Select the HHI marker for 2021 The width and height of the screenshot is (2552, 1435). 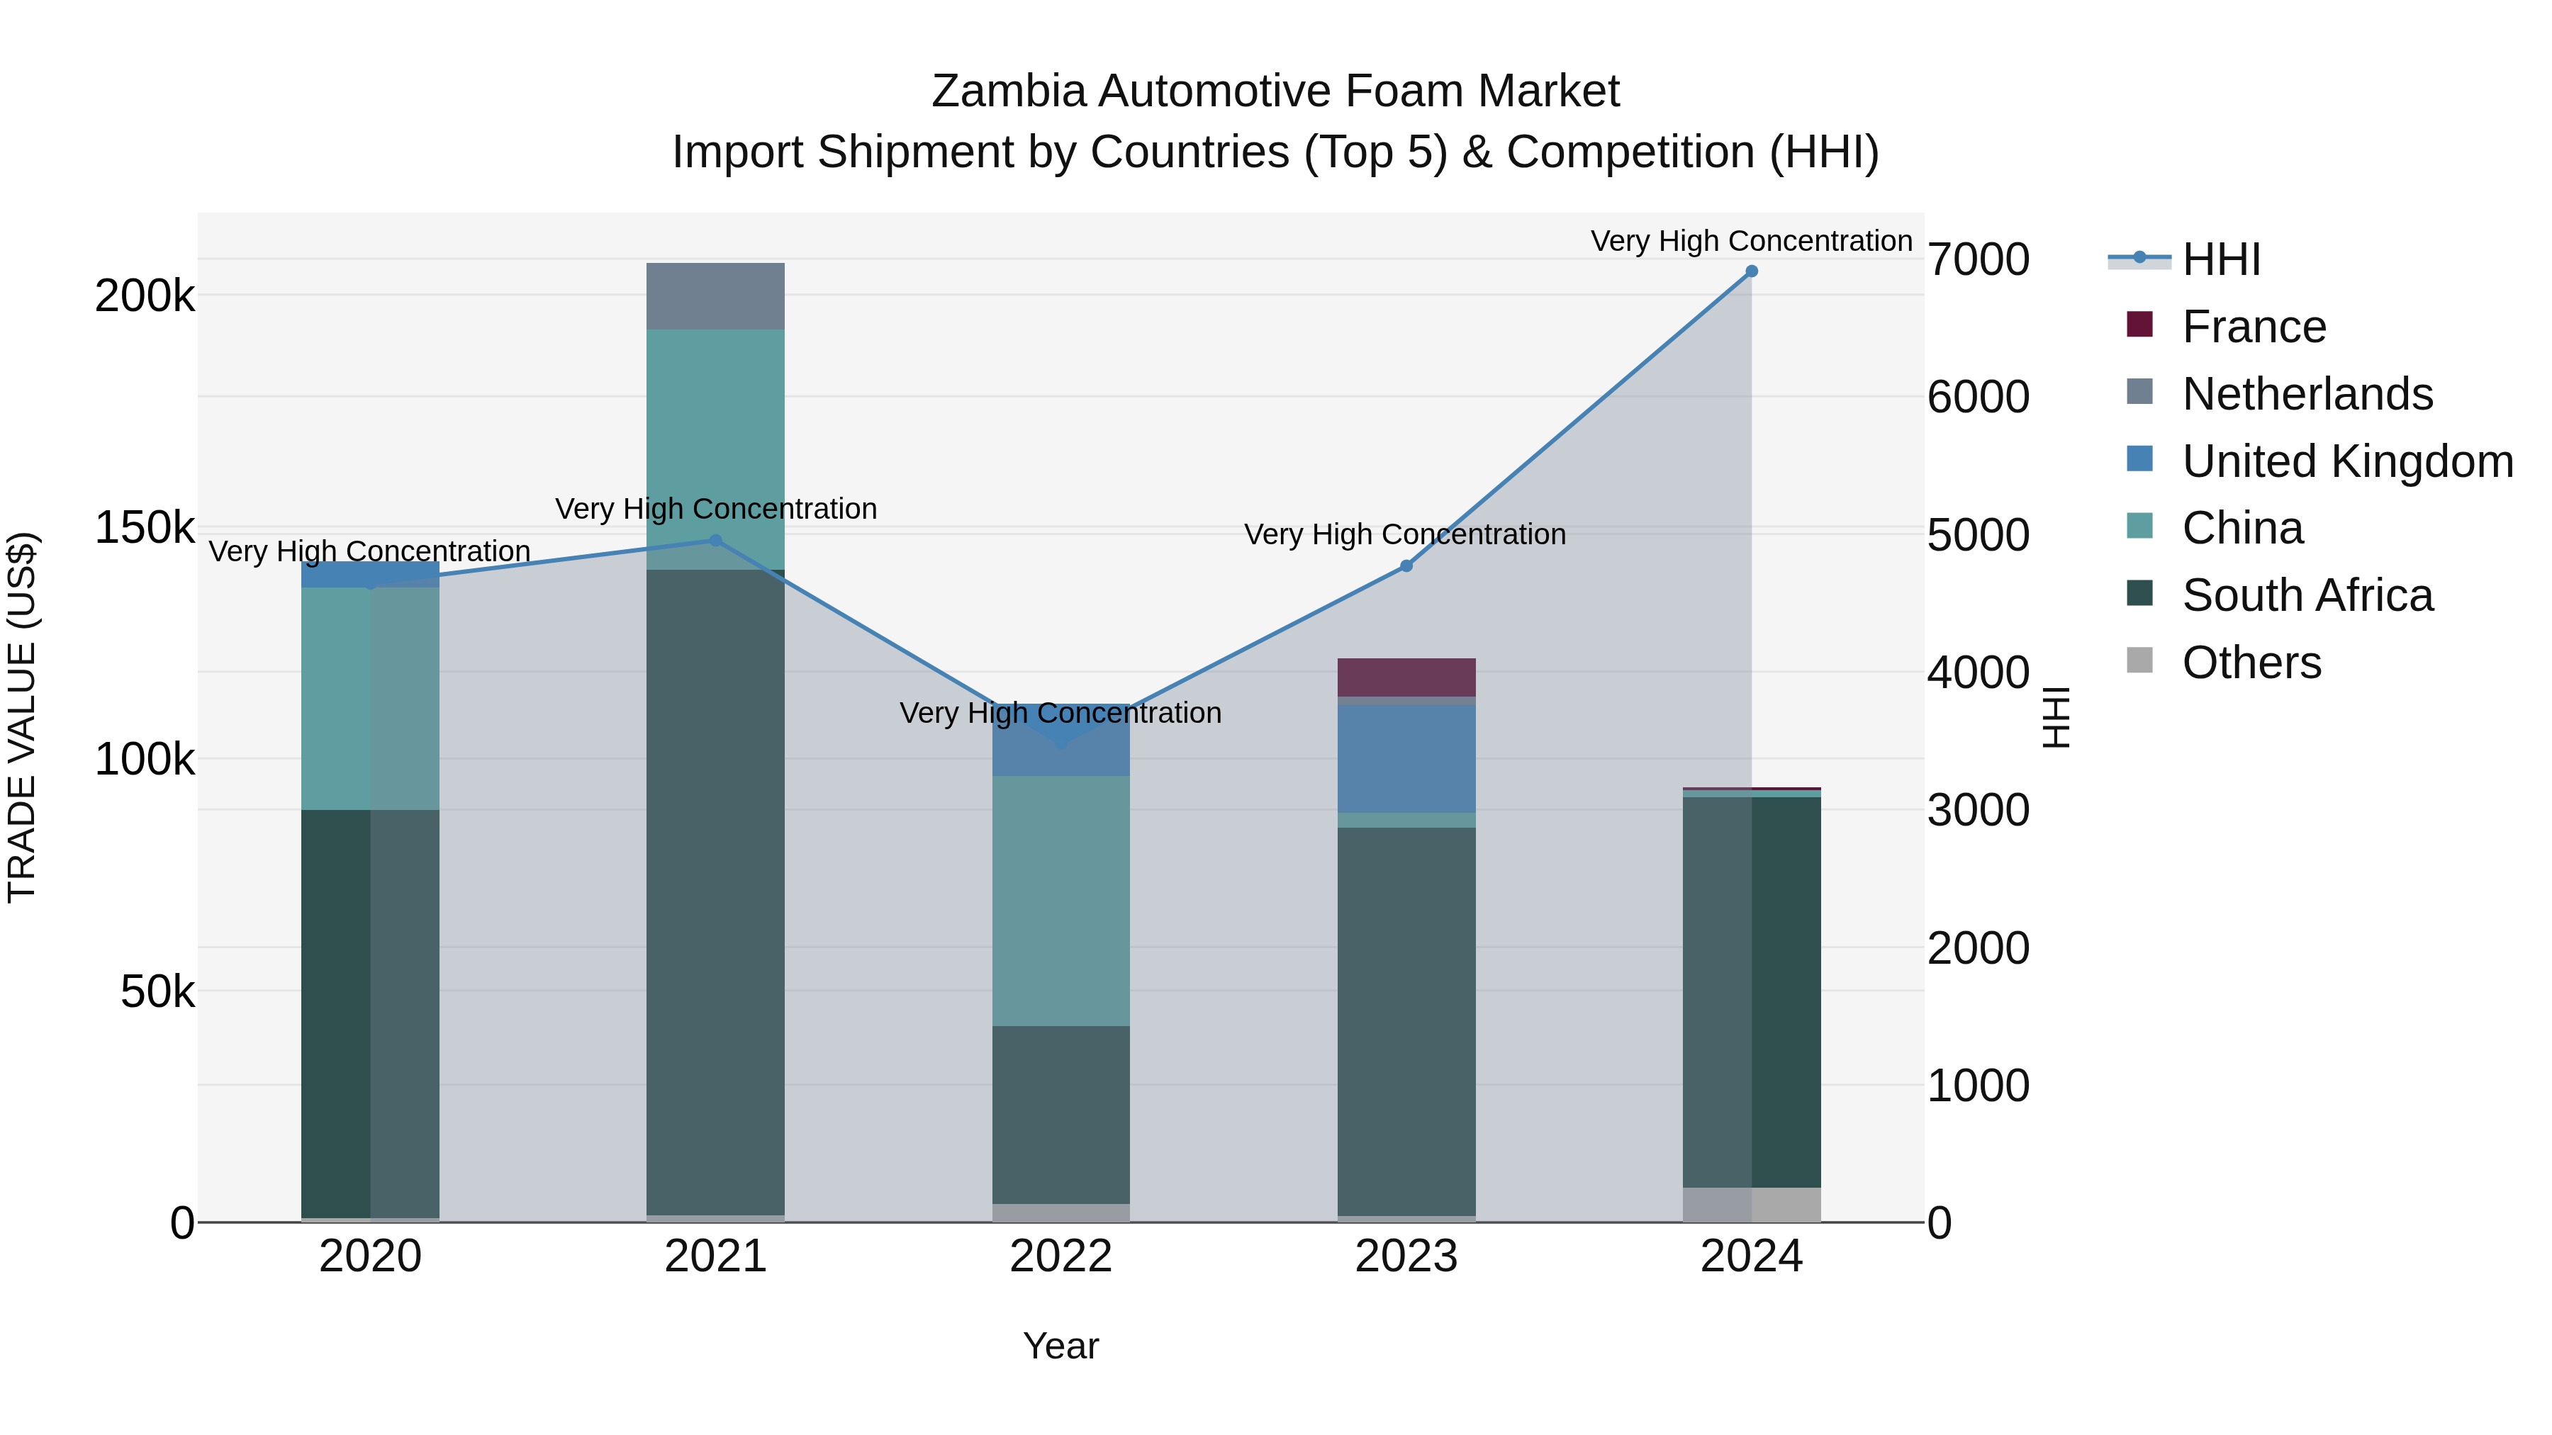pos(715,541)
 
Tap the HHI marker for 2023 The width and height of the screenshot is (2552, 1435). pos(1406,566)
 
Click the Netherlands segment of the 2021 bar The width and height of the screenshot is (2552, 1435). pos(715,296)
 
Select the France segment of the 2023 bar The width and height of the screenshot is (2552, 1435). pos(1406,677)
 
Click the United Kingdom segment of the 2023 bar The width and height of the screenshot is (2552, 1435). pos(1406,758)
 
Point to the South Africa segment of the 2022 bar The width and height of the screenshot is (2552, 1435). pos(1061,1114)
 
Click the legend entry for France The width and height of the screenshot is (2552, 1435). pos(2254,327)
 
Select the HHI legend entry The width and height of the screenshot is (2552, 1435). pos(2221,259)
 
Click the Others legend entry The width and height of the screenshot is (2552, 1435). pos(2251,663)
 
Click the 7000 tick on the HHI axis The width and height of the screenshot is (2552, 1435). pos(1977,259)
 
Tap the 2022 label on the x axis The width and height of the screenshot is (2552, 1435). pos(1061,1256)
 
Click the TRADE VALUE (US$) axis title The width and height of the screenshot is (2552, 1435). pos(23,717)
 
